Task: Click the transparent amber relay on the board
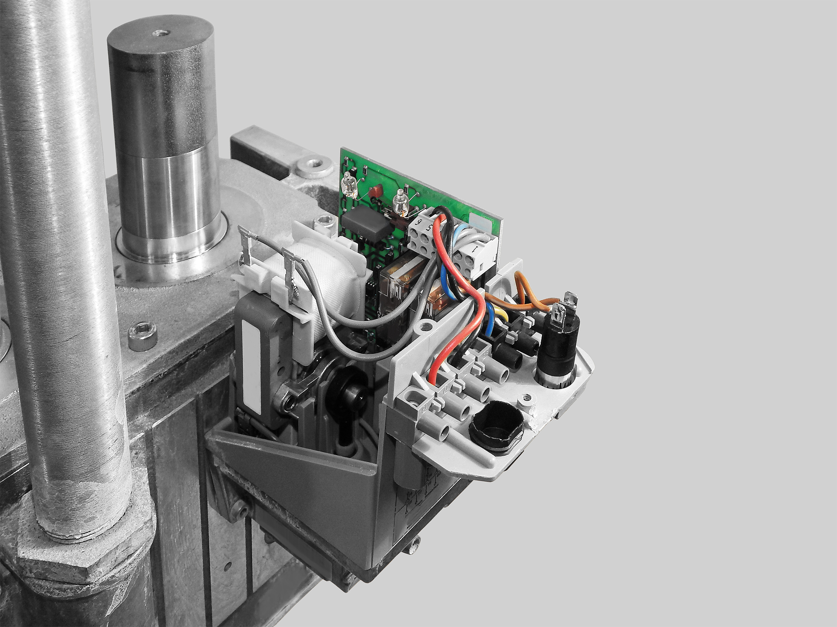point(396,278)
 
